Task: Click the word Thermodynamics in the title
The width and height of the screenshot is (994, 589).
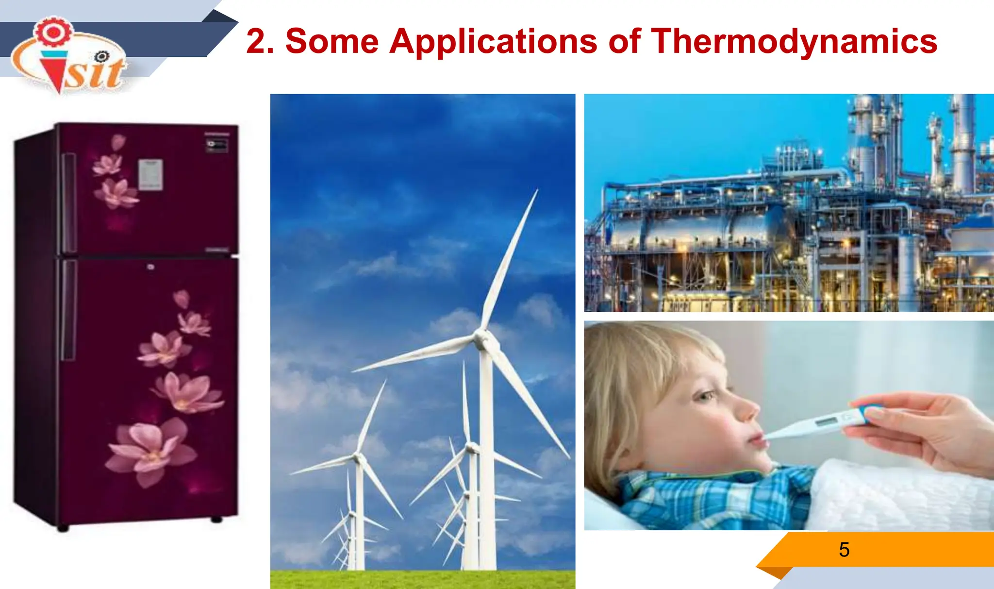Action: [794, 42]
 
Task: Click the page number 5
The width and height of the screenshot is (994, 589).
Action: [844, 550]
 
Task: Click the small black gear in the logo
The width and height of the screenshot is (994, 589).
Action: [102, 57]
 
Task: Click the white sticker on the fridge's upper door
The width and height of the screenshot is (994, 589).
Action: [150, 174]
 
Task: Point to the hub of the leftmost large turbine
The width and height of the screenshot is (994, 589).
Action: [358, 457]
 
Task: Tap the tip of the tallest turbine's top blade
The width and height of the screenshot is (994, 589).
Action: [537, 191]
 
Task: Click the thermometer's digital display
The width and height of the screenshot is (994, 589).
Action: [827, 421]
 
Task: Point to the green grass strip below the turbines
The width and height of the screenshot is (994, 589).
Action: [422, 580]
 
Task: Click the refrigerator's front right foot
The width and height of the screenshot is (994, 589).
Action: [216, 520]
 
